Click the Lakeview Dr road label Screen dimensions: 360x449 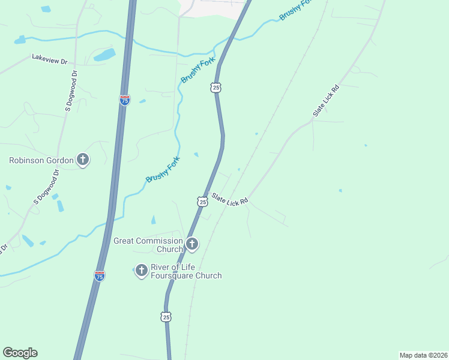[50, 60]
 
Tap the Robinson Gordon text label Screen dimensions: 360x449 [41, 160]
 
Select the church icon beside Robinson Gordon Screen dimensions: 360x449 [83, 160]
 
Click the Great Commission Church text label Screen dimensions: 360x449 [148, 245]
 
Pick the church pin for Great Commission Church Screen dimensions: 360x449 [192, 244]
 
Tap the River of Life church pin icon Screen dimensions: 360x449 [142, 271]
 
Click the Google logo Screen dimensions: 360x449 [20, 353]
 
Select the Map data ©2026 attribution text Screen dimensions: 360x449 [423, 355]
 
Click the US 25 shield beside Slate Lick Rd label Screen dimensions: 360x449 [203, 202]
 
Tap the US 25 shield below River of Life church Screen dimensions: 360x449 [166, 316]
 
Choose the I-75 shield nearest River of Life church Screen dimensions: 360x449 [100, 275]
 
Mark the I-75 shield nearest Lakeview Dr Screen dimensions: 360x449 [124, 100]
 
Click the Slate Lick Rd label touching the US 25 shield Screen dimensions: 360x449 [229, 200]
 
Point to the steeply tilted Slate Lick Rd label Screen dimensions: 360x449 [326, 100]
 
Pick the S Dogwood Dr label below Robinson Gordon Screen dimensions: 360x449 [47, 186]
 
